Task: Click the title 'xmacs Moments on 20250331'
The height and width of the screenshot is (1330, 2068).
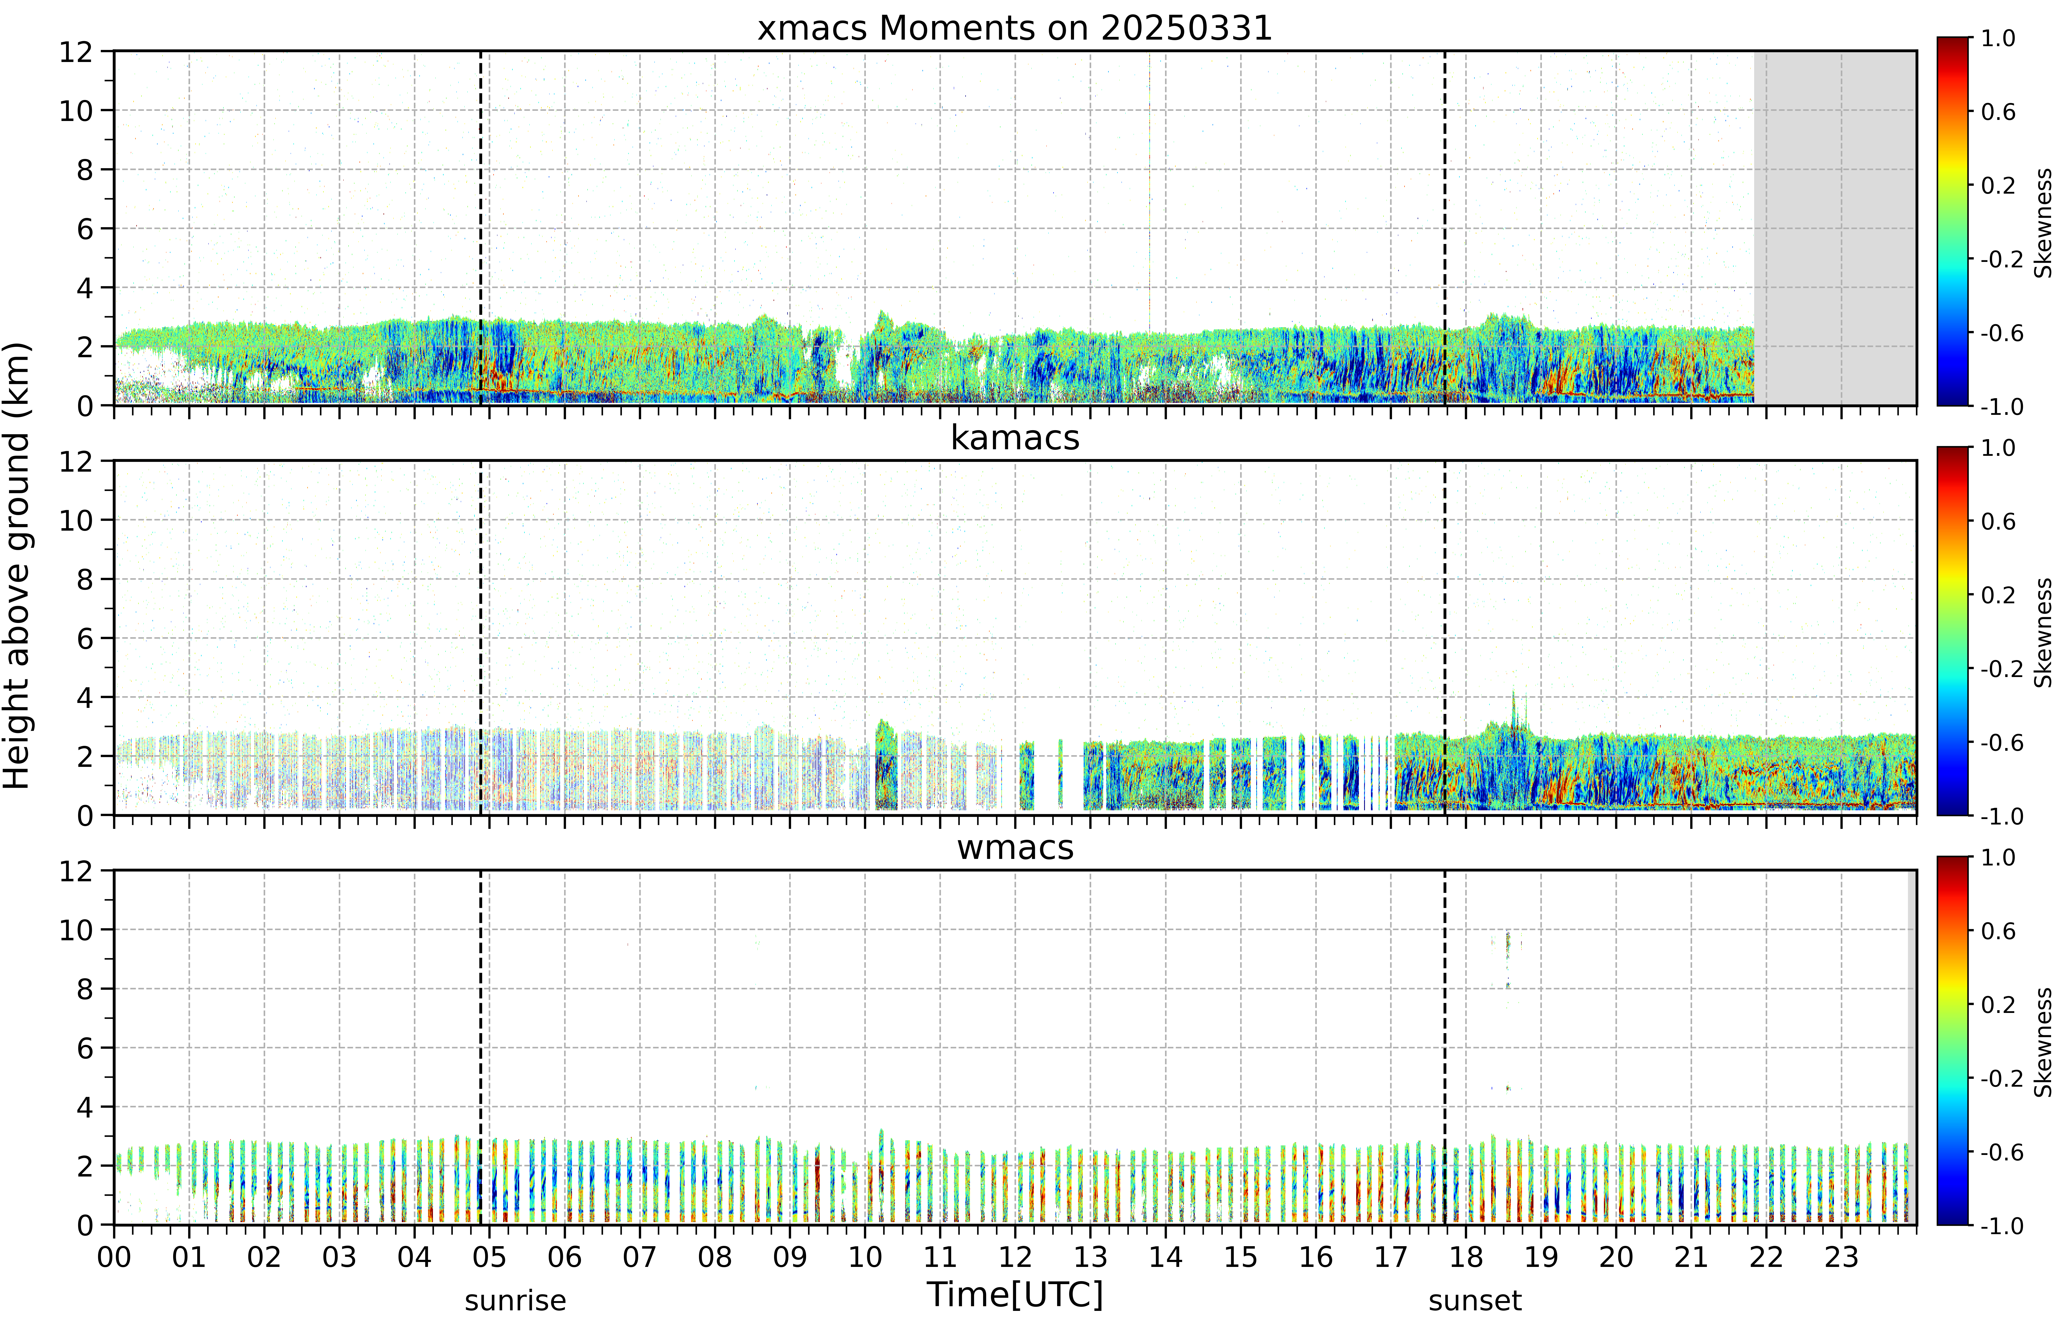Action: click(1015, 28)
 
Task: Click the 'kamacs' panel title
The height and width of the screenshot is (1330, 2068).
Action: click(1015, 438)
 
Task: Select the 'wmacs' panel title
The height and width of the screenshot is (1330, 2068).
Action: click(1015, 847)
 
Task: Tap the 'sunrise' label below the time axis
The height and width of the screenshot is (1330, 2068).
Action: click(516, 1301)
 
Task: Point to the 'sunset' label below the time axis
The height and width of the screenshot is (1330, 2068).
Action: click(1476, 1301)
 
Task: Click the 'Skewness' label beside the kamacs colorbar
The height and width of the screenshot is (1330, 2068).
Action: click(2043, 633)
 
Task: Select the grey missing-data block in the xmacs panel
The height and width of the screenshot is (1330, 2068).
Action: click(1835, 228)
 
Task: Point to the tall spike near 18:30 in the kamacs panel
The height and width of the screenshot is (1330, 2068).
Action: click(1514, 713)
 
